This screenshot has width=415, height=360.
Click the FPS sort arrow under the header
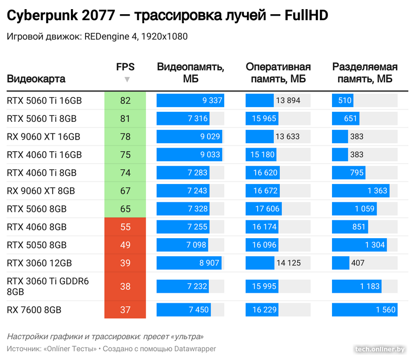point(127,79)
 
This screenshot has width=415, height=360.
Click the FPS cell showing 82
point(125,101)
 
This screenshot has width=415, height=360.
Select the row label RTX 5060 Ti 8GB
point(42,119)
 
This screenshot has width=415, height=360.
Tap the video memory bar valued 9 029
point(190,137)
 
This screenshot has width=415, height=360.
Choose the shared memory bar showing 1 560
point(364,309)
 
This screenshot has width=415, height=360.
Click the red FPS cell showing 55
point(125,227)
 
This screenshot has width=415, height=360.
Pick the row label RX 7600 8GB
point(34,309)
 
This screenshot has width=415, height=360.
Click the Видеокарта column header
point(36,79)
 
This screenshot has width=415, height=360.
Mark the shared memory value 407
point(358,263)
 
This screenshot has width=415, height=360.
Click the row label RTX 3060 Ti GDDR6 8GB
point(48,286)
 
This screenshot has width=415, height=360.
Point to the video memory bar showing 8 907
point(189,263)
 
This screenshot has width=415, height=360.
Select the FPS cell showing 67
point(125,191)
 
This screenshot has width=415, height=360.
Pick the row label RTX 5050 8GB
point(37,245)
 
